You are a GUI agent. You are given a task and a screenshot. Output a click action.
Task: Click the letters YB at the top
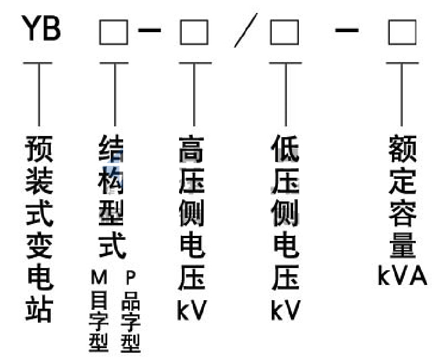[x=41, y=28]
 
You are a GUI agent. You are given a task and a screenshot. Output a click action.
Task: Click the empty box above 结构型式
[x=114, y=32]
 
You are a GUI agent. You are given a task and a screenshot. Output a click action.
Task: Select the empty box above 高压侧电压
[x=194, y=32]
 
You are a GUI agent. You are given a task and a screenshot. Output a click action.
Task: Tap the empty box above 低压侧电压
[x=284, y=32]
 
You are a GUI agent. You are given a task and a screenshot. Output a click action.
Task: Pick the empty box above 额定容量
[x=402, y=32]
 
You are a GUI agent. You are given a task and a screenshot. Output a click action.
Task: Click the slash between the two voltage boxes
[x=246, y=30]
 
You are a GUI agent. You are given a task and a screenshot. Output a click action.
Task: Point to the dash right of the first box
[x=150, y=30]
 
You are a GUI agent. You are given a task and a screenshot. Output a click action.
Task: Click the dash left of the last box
[x=347, y=30]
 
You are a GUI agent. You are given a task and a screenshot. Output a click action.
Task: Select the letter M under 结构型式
[x=99, y=277]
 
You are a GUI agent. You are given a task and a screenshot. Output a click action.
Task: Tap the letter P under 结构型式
[x=131, y=277]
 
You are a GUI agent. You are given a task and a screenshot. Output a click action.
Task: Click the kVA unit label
[x=402, y=276]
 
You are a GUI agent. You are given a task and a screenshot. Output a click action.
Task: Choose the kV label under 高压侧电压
[x=192, y=310]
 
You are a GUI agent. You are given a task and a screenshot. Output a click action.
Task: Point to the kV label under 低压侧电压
[x=286, y=310]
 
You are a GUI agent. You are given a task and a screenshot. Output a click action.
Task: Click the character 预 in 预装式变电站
[x=39, y=149]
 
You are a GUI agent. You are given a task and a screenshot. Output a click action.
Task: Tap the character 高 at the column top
[x=191, y=149]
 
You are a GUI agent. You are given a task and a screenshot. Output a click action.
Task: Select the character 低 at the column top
[x=285, y=149]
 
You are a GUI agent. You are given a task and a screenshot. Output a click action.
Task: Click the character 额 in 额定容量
[x=402, y=149]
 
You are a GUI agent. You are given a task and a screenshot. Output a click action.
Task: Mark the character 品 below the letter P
[x=131, y=301]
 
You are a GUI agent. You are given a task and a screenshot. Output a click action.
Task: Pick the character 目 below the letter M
[x=99, y=300]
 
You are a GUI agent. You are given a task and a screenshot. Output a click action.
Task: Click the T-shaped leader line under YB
[x=38, y=94]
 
